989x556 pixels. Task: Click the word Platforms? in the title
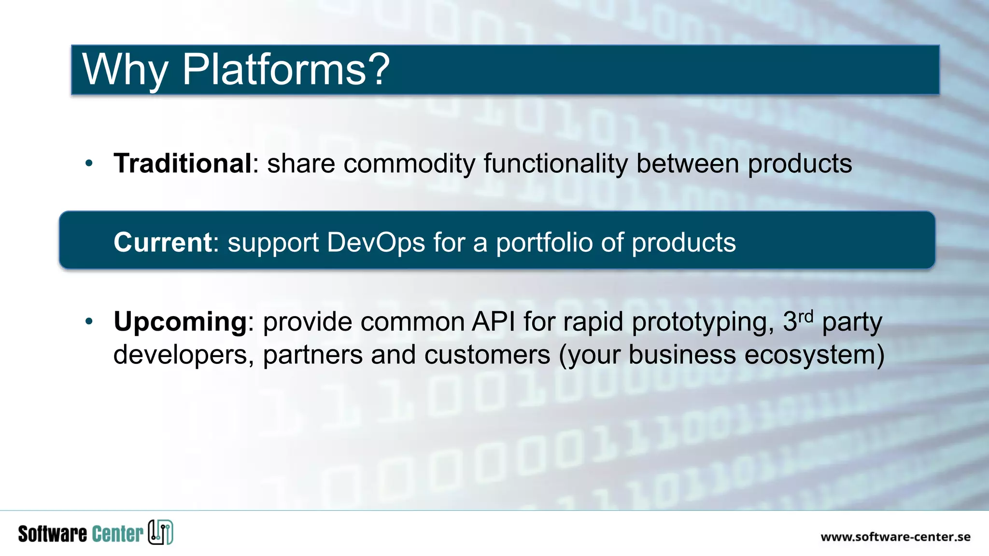click(x=285, y=69)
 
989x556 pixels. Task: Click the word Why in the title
click(x=125, y=69)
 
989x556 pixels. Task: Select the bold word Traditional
click(x=183, y=163)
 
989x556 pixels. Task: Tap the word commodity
click(x=410, y=164)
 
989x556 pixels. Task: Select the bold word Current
click(x=163, y=242)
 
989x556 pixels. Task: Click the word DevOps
click(x=376, y=242)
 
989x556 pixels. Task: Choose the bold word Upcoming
click(x=180, y=322)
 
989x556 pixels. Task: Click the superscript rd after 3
click(x=806, y=317)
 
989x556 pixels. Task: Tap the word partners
click(x=312, y=355)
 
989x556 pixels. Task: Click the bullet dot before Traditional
click(x=89, y=163)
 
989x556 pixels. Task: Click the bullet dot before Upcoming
click(x=89, y=321)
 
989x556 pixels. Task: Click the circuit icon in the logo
click(x=160, y=532)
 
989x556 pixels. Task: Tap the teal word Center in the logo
click(x=117, y=534)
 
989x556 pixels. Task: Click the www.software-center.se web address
click(x=895, y=537)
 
